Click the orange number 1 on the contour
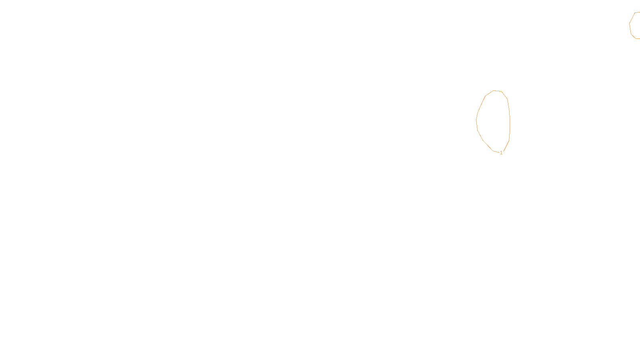pos(501,153)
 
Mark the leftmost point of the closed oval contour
pos(476,120)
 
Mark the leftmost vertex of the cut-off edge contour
pos(630,24)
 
